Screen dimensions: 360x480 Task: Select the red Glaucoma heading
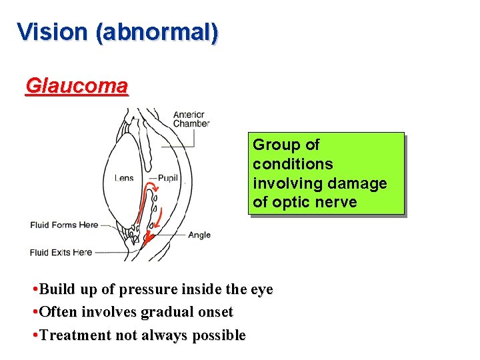point(77,86)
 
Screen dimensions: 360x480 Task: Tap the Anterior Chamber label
point(191,119)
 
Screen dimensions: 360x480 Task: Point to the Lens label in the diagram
point(123,178)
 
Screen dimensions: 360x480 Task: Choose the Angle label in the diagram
point(199,235)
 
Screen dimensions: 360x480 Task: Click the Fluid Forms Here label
point(64,225)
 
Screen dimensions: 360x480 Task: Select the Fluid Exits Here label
point(61,252)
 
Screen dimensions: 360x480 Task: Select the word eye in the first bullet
point(259,289)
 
